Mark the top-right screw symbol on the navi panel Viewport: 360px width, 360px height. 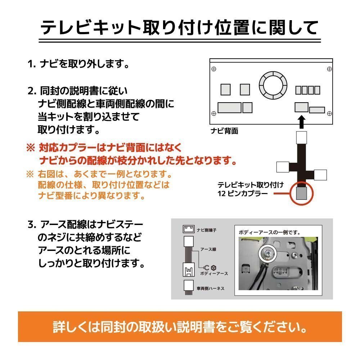pyautogui.click(x=329, y=68)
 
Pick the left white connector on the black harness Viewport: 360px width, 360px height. pyautogui.click(x=283, y=167)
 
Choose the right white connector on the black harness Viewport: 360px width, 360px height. pyautogui.click(x=320, y=175)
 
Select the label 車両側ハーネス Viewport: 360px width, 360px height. pyautogui.click(x=211, y=288)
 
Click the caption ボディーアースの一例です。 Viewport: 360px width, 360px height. pyautogui.click(x=269, y=233)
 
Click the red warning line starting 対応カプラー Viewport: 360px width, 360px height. pyautogui.click(x=104, y=147)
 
